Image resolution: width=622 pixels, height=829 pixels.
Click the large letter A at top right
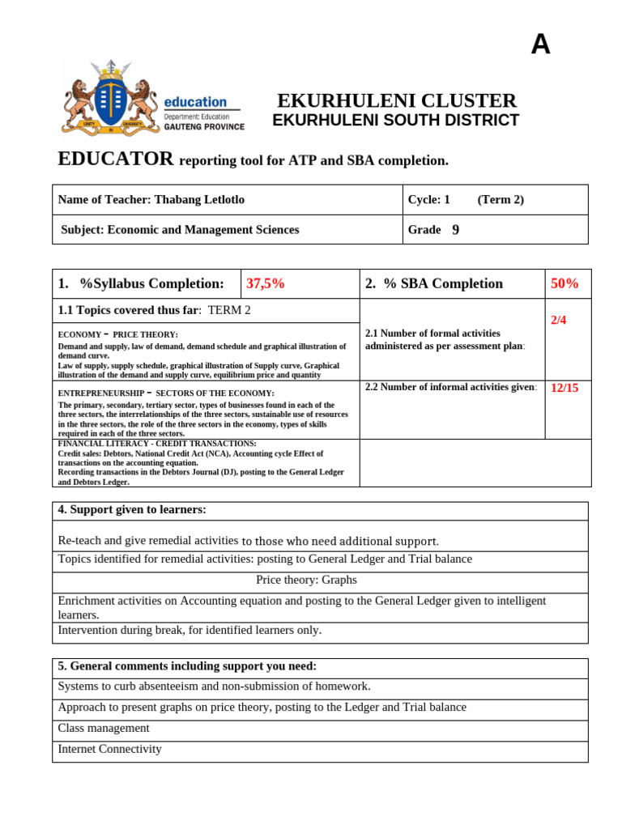pos(540,45)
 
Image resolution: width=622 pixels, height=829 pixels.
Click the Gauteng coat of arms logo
pos(111,97)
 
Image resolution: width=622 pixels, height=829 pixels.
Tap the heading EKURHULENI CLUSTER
pos(396,101)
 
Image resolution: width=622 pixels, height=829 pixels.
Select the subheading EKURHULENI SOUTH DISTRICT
pos(395,121)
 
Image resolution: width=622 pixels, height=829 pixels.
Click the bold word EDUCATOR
pos(116,159)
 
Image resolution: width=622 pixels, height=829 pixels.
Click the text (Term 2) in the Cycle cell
pos(501,200)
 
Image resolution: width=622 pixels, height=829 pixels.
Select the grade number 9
pos(456,230)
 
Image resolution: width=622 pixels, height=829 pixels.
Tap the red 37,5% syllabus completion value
pos(265,283)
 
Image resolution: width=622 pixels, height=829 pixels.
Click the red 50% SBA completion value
pos(564,283)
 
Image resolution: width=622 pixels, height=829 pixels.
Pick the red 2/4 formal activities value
pos(559,320)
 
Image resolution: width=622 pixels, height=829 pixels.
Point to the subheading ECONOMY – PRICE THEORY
pos(117,334)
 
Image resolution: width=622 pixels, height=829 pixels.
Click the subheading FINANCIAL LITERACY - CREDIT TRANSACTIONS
pos(157,444)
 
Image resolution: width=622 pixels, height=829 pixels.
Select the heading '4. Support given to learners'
pos(132,509)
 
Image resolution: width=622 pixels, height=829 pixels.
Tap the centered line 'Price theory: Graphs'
pos(306,580)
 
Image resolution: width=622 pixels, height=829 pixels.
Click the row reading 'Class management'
pos(104,728)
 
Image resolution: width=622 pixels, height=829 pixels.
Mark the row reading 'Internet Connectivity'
pos(110,749)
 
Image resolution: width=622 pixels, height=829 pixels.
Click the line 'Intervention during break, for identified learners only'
pos(190,630)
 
